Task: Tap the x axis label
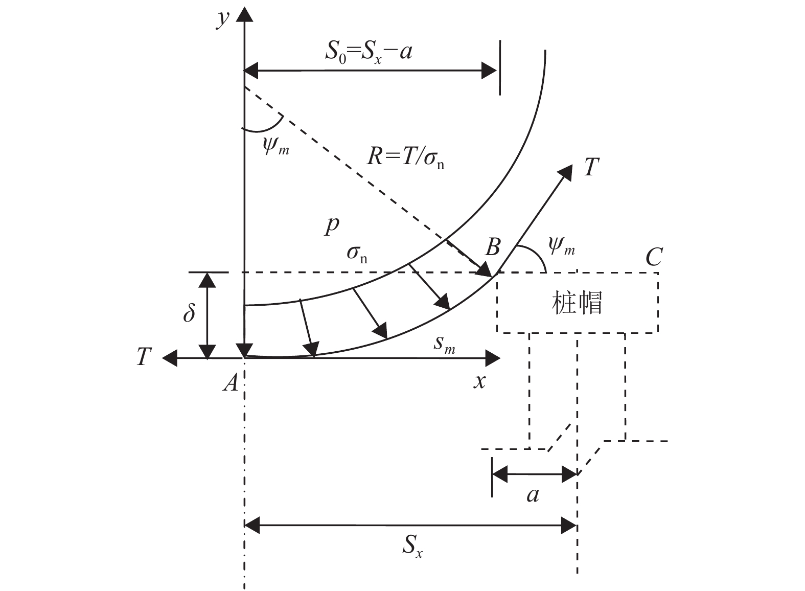[x=479, y=381]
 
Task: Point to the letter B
[x=492, y=247]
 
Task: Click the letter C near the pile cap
[x=654, y=257]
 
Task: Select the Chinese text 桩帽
[x=577, y=303]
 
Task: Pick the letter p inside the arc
[x=331, y=225]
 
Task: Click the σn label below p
[x=357, y=253]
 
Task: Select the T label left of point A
[x=145, y=356]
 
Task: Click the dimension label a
[x=533, y=494]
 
